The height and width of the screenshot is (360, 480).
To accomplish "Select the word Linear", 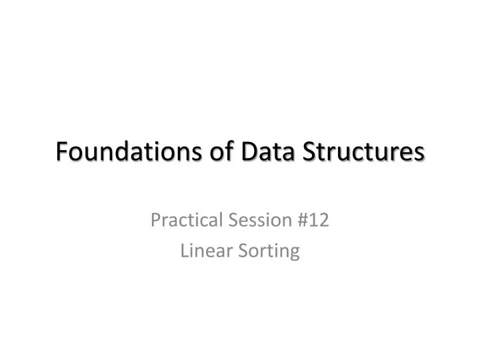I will click(203, 251).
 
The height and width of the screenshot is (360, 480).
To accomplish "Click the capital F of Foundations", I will click(61, 152).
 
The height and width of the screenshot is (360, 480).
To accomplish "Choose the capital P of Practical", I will click(155, 219).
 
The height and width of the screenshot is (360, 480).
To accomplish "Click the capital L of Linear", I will click(185, 251).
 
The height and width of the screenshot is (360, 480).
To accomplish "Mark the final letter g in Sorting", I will click(294, 253).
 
